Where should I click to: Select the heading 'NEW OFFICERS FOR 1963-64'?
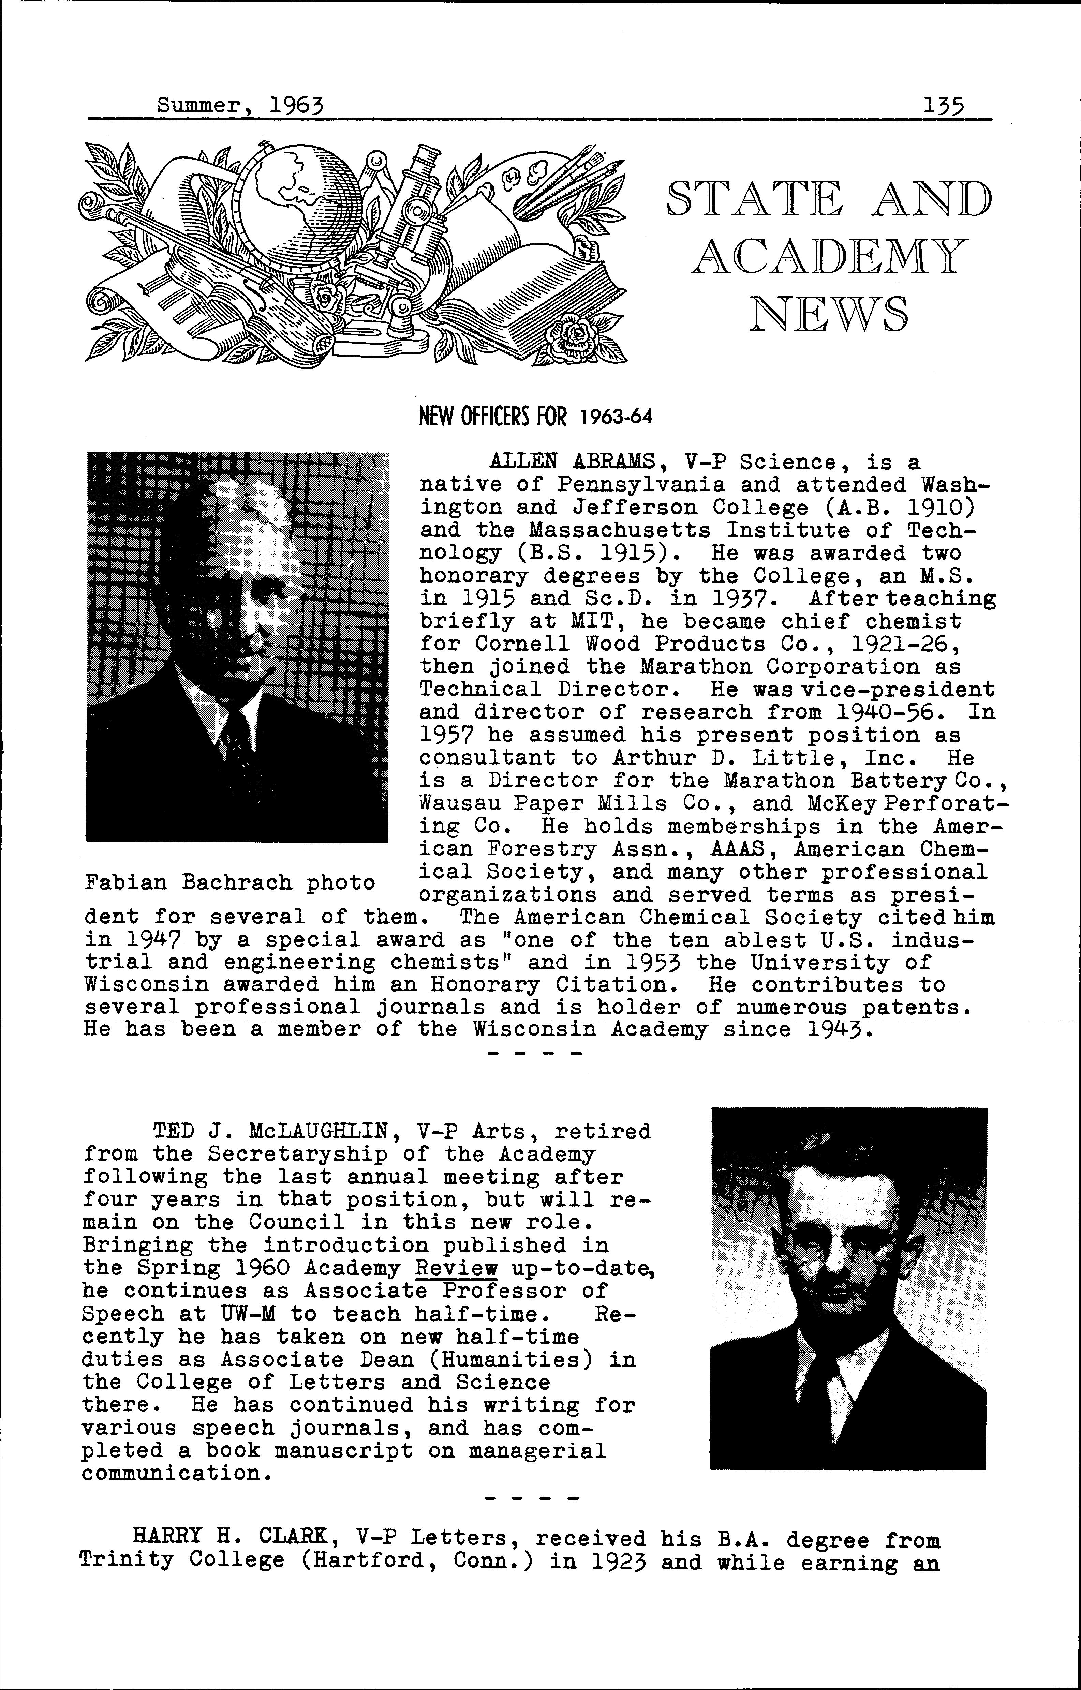tap(535, 418)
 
